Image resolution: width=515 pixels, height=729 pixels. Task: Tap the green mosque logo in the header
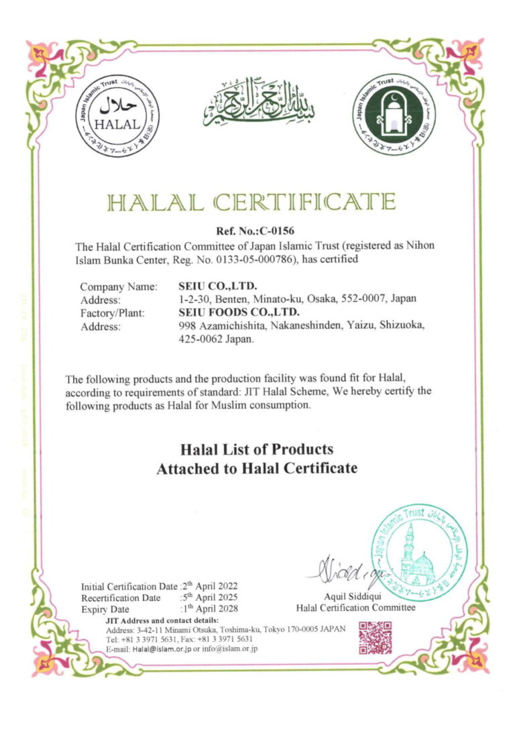point(394,113)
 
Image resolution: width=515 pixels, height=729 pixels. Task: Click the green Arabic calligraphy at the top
point(257,104)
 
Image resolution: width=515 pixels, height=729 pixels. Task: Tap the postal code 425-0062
point(196,339)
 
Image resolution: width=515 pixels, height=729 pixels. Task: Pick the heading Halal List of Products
point(257,449)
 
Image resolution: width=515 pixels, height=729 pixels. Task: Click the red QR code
point(376,637)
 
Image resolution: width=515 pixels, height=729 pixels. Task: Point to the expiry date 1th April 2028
point(210,609)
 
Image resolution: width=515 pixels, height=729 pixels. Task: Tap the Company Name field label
point(119,286)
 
